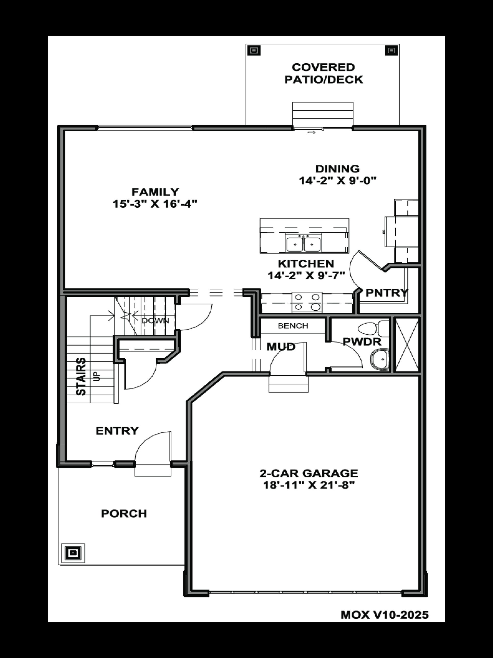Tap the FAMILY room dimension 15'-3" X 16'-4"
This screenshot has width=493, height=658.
(155, 204)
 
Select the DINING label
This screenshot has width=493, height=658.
(337, 169)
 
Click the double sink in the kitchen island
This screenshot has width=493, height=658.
(303, 244)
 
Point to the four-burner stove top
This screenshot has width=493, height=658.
(307, 302)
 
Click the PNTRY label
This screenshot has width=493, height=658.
(386, 293)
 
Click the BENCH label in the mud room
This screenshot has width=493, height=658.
(293, 326)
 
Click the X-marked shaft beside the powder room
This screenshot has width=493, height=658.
(406, 345)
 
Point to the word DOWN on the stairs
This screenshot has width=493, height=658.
(155, 321)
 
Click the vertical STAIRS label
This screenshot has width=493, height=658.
(81, 376)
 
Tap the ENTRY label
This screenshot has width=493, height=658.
(117, 431)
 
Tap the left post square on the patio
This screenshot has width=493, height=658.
(253, 51)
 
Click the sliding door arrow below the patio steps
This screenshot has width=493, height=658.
(311, 132)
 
